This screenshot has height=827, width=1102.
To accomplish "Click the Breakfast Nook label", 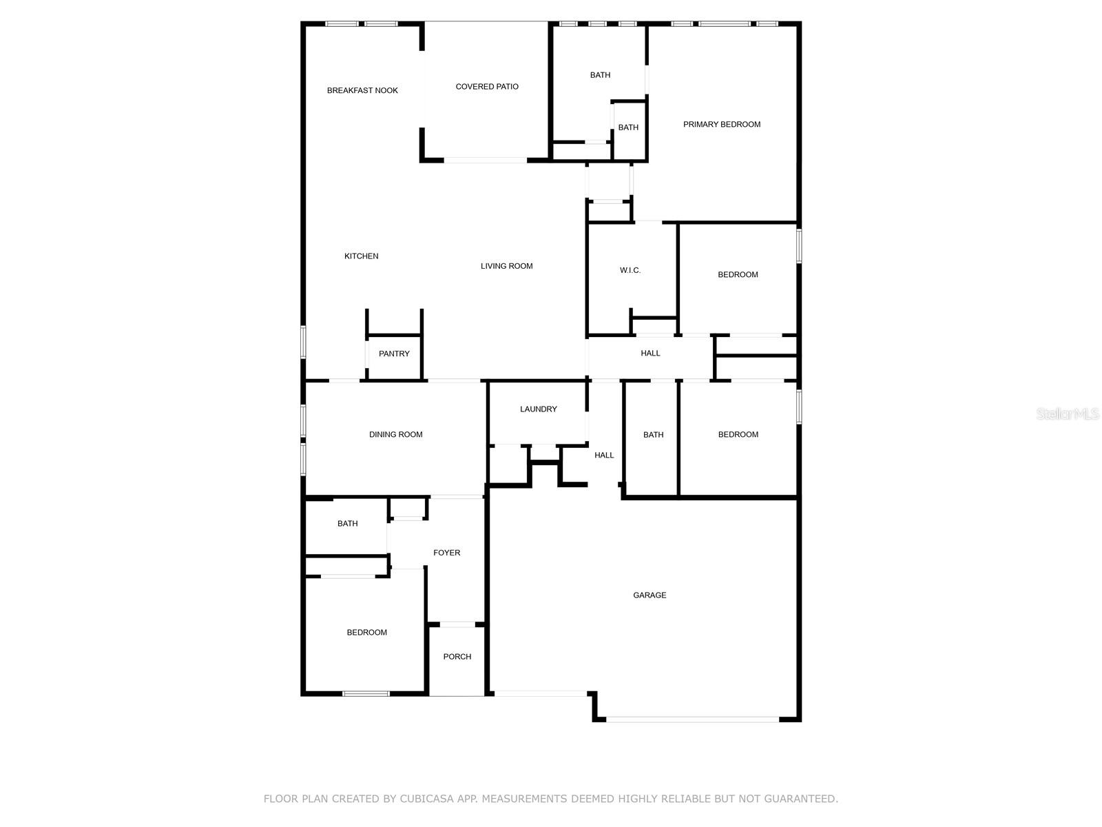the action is point(362,90).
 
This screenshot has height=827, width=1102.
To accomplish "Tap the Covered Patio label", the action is point(486,86).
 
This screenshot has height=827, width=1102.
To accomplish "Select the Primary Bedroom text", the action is point(721,124).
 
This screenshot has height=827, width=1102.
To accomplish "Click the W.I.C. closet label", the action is point(630,270).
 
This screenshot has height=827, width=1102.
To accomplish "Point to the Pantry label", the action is point(393,354).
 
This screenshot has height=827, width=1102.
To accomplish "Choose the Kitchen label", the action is point(361,256).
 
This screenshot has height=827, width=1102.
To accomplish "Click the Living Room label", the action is point(506,266).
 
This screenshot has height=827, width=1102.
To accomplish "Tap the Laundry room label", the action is point(538,409).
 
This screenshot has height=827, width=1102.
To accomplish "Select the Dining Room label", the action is point(395,434).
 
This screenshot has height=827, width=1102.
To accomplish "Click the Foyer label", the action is point(446,553).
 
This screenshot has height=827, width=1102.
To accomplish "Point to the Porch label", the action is point(457,657).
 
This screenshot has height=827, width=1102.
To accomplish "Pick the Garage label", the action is point(649,595).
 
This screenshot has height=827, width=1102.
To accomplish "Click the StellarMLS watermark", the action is point(1067,413).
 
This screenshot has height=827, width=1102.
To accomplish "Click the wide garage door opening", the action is point(692,719).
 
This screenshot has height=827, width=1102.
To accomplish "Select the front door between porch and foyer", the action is point(457,624).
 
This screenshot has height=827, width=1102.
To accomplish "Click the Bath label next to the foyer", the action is point(347,524).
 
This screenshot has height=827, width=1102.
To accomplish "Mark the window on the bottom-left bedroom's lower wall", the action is point(366,694).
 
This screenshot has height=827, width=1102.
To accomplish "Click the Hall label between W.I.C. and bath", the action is point(650,354).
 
